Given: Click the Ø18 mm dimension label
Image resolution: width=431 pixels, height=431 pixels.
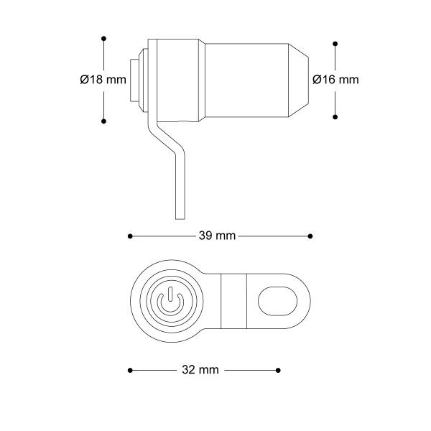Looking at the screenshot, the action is pyautogui.click(x=103, y=80).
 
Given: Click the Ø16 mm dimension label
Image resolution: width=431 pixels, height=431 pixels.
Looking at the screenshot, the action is pyautogui.click(x=335, y=80).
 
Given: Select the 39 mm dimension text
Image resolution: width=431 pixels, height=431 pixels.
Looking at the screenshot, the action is pyautogui.click(x=217, y=236).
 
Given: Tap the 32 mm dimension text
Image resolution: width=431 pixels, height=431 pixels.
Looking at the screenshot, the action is pyautogui.click(x=200, y=370).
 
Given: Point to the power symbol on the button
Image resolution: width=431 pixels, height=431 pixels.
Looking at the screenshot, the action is pyautogui.click(x=170, y=301).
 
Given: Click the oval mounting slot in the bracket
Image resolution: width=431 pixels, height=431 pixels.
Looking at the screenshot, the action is pyautogui.click(x=277, y=301).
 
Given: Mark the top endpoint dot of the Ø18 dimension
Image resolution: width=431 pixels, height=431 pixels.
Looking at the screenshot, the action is pyautogui.click(x=103, y=39).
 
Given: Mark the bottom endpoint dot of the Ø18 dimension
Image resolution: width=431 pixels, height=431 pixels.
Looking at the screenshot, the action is pyautogui.click(x=103, y=121).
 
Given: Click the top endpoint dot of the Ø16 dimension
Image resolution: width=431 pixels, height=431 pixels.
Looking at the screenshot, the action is pyautogui.click(x=335, y=44).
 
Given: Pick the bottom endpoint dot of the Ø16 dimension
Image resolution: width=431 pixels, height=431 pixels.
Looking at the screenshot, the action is pyautogui.click(x=335, y=117).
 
